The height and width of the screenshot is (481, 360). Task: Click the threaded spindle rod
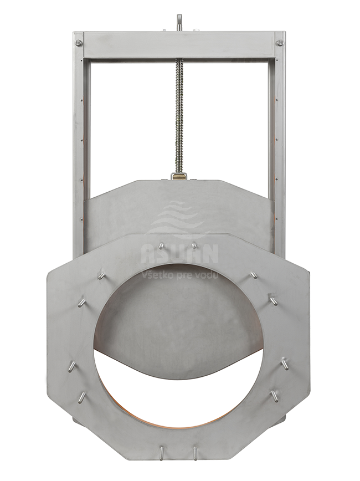179,116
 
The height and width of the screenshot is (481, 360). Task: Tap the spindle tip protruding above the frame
179,22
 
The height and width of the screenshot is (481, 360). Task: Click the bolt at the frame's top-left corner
79,43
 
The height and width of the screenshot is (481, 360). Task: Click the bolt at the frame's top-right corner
279,43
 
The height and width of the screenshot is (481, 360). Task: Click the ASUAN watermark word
179,254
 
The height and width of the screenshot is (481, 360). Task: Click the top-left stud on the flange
161,245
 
